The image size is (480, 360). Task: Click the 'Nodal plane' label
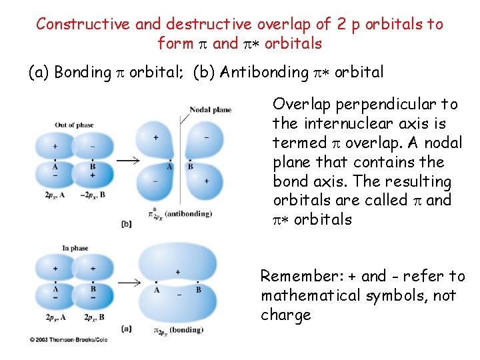coord(210,109)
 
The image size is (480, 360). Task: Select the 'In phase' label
coord(75,248)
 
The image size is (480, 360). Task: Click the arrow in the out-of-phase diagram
coord(127,161)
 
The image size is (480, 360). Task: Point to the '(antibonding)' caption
coord(189,214)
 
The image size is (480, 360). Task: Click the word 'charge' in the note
coord(285,315)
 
